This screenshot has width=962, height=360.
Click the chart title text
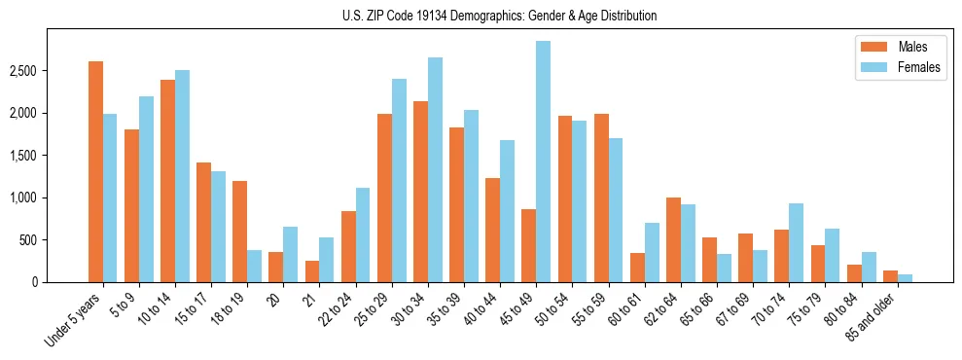pos(499,16)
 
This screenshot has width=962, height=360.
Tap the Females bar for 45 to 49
pos(543,162)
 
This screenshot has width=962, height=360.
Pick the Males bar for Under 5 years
pos(95,171)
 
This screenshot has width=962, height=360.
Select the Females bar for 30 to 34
pos(435,169)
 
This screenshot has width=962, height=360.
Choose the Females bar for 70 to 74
pos(796,242)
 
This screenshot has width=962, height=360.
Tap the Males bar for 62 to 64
pos(673,239)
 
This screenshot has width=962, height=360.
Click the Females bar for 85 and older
pos(905,278)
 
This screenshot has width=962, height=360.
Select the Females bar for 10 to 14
pos(182,176)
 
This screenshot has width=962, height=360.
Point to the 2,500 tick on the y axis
pos(51,71)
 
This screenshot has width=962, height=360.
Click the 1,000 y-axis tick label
pos(51,198)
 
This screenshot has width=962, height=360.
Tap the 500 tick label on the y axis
pos(56,240)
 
